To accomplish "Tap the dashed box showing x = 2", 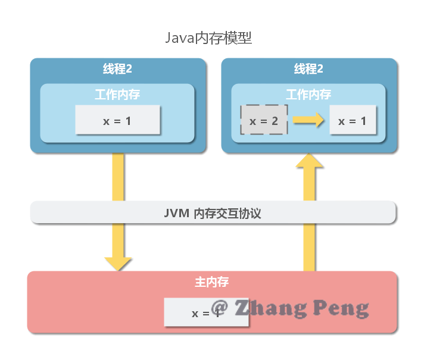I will [264, 121].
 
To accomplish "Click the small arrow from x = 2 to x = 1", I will [308, 120].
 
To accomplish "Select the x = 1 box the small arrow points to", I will [353, 121].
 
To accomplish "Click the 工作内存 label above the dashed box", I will [308, 95].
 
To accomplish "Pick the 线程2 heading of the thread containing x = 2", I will [308, 69].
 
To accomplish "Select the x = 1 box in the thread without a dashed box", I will [117, 121].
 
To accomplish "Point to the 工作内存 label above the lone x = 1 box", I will [117, 95].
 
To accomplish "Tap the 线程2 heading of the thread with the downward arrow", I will [117, 69].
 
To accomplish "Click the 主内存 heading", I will [211, 282].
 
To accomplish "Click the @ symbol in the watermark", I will [220, 306].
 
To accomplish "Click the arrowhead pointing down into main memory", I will [118, 264].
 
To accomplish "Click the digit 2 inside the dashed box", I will [275, 121].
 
